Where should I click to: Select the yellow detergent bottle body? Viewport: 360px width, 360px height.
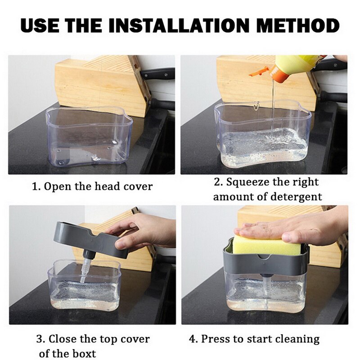pyautogui.click(x=299, y=63)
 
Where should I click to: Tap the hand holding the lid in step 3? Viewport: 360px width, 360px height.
pyautogui.click(x=144, y=232)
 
